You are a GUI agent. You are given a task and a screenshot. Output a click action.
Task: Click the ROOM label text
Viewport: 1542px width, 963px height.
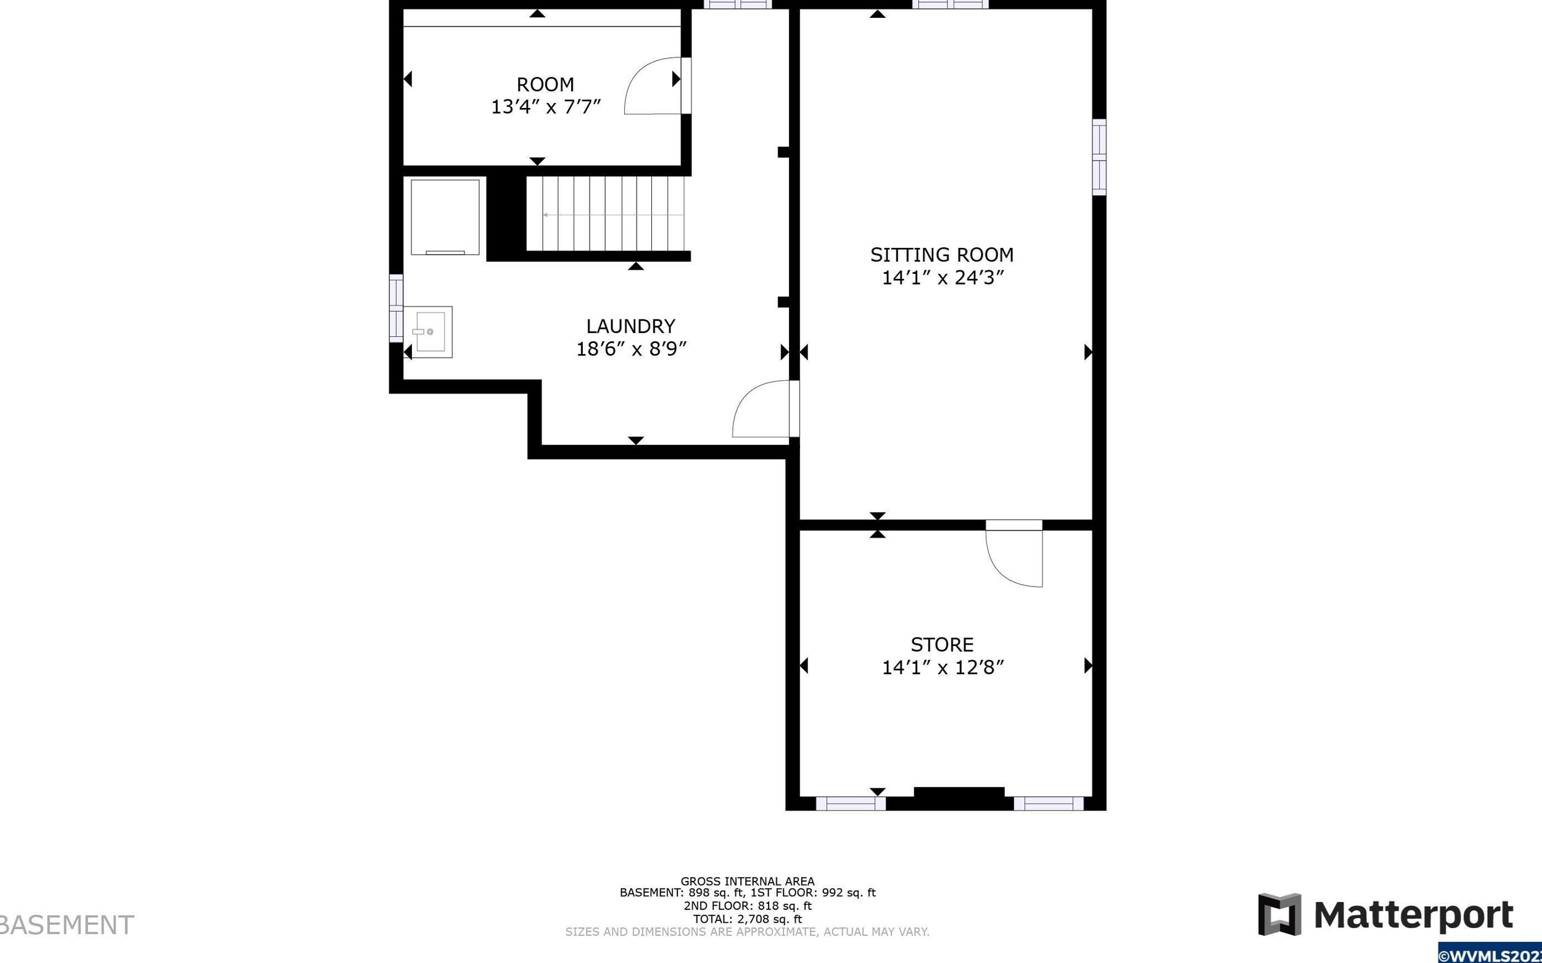pyautogui.click(x=545, y=84)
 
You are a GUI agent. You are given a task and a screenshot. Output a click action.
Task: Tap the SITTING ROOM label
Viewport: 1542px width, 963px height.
pyautogui.click(x=942, y=255)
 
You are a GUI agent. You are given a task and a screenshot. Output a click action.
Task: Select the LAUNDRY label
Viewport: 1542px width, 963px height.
pyautogui.click(x=630, y=326)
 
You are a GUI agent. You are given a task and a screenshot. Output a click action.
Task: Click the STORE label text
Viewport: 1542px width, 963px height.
pyautogui.click(x=942, y=645)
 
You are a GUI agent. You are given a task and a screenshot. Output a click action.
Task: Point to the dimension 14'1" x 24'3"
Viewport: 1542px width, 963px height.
pyautogui.click(x=942, y=278)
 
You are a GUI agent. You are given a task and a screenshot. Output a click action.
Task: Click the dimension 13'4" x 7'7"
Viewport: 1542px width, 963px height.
pyautogui.click(x=546, y=106)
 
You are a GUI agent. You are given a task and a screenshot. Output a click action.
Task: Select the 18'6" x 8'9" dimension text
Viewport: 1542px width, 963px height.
pyautogui.click(x=631, y=349)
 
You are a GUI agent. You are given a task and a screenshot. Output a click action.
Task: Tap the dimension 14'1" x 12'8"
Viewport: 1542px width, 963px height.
pyautogui.click(x=942, y=667)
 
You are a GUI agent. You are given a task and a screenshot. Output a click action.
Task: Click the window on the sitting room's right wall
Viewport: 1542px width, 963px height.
pyautogui.click(x=1099, y=157)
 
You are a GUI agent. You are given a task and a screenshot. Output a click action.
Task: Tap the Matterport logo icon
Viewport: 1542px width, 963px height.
pyautogui.click(x=1279, y=915)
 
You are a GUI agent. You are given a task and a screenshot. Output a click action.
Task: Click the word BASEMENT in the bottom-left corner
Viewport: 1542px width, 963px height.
pyautogui.click(x=65, y=925)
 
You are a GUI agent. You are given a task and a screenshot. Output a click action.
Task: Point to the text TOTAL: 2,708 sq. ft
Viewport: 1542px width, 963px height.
pyautogui.click(x=748, y=919)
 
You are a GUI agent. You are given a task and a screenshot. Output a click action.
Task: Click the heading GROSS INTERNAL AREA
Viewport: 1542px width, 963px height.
pyautogui.click(x=748, y=882)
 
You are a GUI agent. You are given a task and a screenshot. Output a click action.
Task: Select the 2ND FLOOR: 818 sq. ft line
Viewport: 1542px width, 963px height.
pyautogui.click(x=748, y=906)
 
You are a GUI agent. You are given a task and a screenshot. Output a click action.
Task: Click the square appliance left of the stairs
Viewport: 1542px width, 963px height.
pyautogui.click(x=445, y=217)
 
